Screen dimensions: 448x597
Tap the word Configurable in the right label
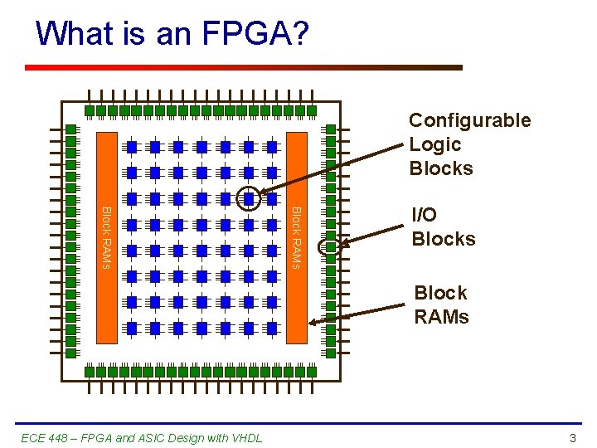point(469,120)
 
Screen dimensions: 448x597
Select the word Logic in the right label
point(434,144)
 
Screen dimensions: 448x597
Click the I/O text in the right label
point(425,215)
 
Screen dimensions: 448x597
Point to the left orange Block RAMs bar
point(106,236)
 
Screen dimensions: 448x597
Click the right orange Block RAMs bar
point(296,236)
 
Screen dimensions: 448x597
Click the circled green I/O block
point(330,246)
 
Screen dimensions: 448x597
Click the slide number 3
point(572,437)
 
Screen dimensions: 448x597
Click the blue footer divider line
point(298,424)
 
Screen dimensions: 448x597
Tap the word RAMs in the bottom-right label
point(441,317)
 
